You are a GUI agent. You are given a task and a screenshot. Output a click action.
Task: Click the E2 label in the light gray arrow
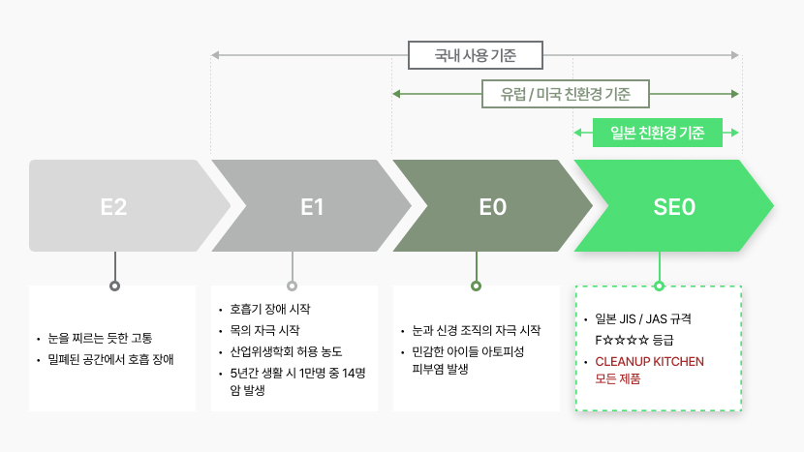click(113, 207)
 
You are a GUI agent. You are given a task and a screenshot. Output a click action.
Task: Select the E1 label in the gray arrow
click(312, 207)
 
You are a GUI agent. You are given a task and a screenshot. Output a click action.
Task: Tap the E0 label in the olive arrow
click(493, 207)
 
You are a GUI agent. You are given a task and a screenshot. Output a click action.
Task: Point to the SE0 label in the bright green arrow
click(674, 207)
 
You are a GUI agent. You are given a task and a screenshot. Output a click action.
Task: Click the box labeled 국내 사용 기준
click(476, 55)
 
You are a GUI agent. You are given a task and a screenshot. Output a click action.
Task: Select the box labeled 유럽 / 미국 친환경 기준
click(566, 94)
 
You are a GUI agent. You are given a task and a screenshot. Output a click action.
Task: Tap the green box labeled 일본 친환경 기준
click(658, 133)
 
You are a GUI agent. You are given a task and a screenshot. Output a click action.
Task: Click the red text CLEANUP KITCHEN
click(649, 361)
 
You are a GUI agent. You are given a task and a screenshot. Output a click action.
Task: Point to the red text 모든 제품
click(617, 378)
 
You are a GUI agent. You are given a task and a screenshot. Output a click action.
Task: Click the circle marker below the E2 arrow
click(115, 286)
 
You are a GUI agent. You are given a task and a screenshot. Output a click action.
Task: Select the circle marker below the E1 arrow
click(293, 286)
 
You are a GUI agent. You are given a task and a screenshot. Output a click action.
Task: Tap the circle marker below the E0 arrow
click(477, 286)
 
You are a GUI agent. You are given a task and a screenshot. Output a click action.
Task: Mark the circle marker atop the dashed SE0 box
click(660, 286)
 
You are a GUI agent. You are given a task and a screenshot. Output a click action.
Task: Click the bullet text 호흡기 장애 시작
click(270, 309)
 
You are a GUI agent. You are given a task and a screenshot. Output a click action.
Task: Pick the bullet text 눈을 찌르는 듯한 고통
click(100, 338)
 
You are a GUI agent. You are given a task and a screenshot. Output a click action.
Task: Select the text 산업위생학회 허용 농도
click(286, 351)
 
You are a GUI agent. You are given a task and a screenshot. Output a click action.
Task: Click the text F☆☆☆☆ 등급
click(634, 340)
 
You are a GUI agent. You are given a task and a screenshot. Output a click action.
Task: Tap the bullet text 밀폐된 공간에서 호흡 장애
click(110, 359)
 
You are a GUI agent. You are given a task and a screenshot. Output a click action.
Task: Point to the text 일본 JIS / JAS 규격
click(643, 318)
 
